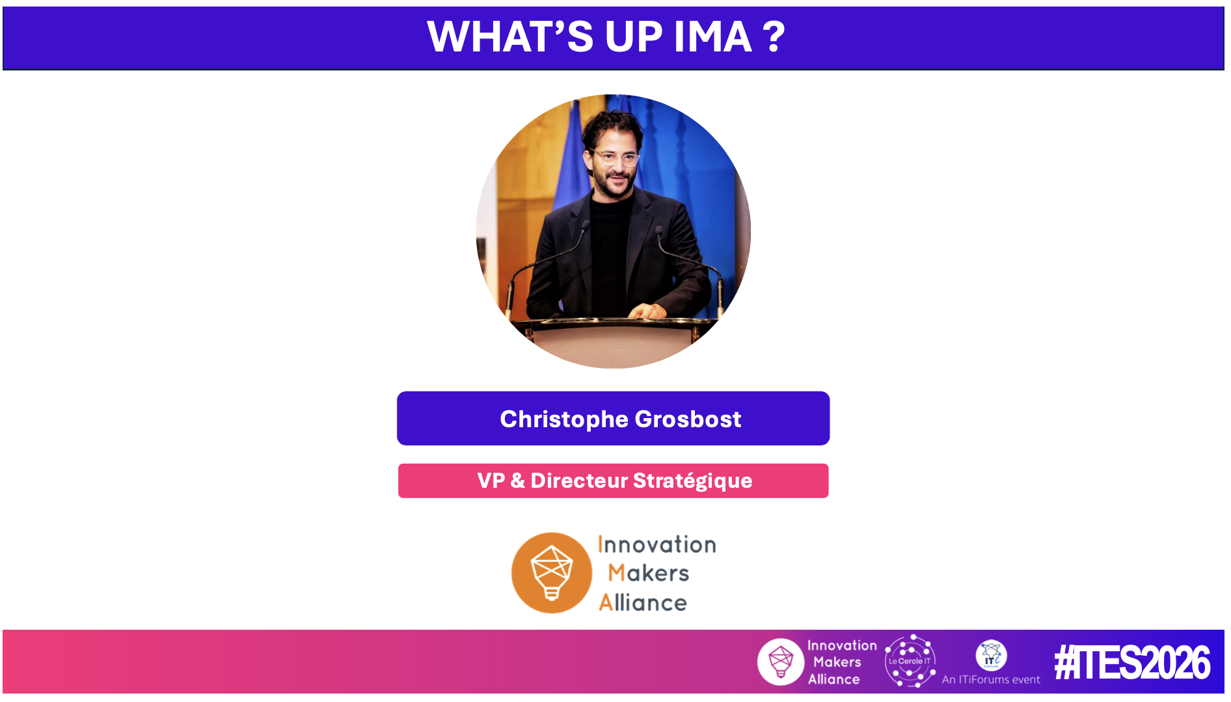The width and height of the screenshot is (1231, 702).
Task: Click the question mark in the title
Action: (x=774, y=37)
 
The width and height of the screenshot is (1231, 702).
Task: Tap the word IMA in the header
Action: (x=713, y=37)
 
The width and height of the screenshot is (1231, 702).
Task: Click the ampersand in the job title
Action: (x=517, y=481)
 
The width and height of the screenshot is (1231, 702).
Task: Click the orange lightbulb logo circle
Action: (x=552, y=573)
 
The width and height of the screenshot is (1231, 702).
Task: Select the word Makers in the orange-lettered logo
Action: (x=648, y=573)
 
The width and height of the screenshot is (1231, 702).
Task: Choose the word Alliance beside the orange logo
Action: (x=643, y=602)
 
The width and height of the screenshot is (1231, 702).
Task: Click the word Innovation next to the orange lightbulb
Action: (x=656, y=544)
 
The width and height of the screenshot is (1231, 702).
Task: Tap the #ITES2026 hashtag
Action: (x=1132, y=663)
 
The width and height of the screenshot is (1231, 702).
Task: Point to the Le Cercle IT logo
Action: (x=910, y=661)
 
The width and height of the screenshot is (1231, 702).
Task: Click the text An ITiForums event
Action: (x=991, y=679)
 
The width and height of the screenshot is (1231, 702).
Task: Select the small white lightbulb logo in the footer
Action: (x=781, y=662)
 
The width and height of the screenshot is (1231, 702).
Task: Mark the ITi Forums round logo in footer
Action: (x=991, y=656)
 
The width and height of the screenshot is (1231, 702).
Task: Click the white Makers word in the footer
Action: (x=837, y=662)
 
